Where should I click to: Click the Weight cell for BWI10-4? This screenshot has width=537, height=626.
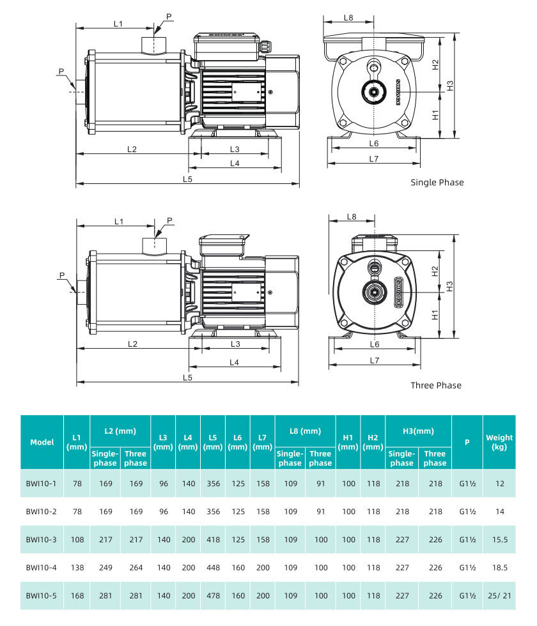pyautogui.click(x=499, y=567)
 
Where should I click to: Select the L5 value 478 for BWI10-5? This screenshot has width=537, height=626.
pyautogui.click(x=213, y=595)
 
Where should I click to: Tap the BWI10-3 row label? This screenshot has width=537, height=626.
pyautogui.click(x=41, y=539)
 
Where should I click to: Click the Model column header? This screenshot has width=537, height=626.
pyautogui.click(x=42, y=442)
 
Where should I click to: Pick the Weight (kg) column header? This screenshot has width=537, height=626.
pyautogui.click(x=499, y=442)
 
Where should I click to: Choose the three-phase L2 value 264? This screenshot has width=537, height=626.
pyautogui.click(x=136, y=567)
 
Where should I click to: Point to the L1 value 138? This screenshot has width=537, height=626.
pyautogui.click(x=77, y=567)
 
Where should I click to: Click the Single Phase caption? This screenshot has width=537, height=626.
pyautogui.click(x=437, y=183)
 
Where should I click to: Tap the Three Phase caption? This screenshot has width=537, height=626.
pyautogui.click(x=436, y=385)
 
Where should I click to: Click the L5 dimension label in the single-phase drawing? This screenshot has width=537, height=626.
pyautogui.click(x=187, y=179)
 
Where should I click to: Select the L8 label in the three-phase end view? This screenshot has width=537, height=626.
pyautogui.click(x=351, y=217)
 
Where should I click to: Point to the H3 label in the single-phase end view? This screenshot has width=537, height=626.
pyautogui.click(x=450, y=86)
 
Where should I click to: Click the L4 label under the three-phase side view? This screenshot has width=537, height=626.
pyautogui.click(x=234, y=362)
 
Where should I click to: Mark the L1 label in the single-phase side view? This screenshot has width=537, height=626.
pyautogui.click(x=118, y=24)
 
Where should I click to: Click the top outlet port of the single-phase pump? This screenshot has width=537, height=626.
pyautogui.click(x=154, y=44)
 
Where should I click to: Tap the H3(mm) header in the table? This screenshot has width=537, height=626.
pyautogui.click(x=418, y=431)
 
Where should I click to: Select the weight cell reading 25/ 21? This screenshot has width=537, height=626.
pyautogui.click(x=499, y=595)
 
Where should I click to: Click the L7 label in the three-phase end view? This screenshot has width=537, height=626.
pyautogui.click(x=374, y=360)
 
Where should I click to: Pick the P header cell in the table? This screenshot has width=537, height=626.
pyautogui.click(x=467, y=442)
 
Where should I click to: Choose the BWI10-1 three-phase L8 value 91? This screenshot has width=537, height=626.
pyautogui.click(x=321, y=484)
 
